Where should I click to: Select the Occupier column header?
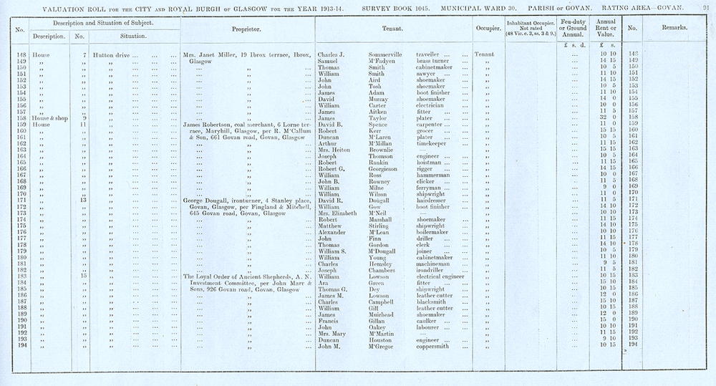(x=487, y=29)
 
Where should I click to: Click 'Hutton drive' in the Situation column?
(x=112, y=54)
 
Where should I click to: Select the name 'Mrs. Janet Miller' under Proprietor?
(x=211, y=54)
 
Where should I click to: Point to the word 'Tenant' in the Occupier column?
(x=485, y=54)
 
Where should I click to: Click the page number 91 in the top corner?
(x=705, y=6)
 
